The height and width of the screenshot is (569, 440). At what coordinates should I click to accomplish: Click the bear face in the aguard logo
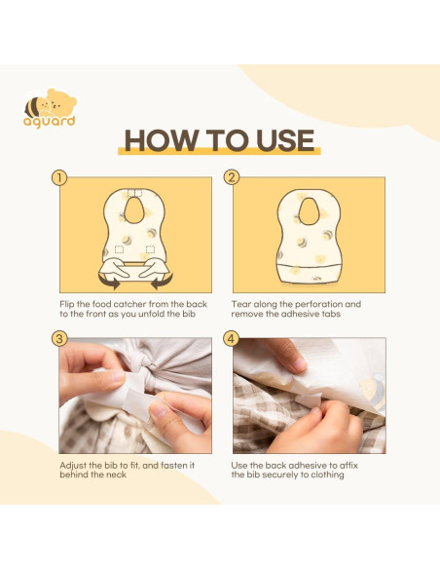(61, 102)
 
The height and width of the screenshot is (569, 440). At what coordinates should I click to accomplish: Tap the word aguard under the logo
(50, 121)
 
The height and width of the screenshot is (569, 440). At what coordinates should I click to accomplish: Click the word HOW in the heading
(162, 140)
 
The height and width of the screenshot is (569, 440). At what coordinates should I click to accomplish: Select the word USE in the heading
(285, 140)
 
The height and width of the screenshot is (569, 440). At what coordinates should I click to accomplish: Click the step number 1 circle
(59, 178)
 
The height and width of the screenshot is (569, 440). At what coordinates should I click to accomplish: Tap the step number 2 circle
(232, 177)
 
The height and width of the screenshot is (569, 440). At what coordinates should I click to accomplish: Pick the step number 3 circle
(59, 339)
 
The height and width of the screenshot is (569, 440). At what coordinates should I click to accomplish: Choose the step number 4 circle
(232, 339)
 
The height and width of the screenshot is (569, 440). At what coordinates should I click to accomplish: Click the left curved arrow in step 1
(109, 282)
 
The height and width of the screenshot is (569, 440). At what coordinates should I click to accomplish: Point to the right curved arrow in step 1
(162, 282)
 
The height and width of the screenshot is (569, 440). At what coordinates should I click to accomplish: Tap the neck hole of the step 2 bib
(309, 211)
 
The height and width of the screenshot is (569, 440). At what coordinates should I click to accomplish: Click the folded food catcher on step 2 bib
(309, 274)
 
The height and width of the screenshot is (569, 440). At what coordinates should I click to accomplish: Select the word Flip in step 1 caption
(67, 304)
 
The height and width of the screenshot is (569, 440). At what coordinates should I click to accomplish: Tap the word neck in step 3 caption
(116, 474)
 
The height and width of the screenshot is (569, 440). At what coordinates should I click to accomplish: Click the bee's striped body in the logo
(33, 107)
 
